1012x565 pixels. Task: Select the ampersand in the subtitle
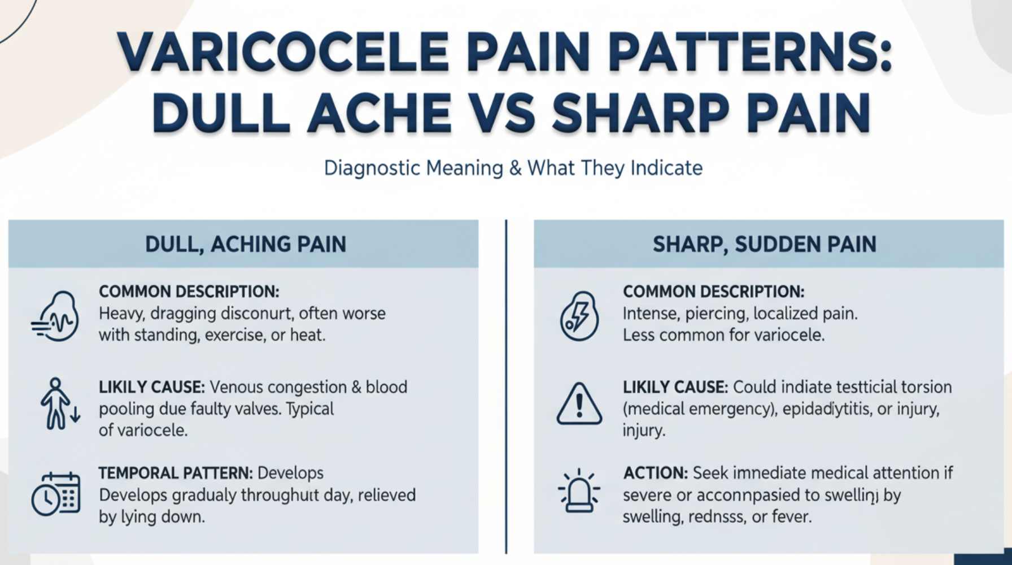coord(515,168)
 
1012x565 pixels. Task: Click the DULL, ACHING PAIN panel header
coord(246,244)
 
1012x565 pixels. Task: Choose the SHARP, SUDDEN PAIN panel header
coord(765,244)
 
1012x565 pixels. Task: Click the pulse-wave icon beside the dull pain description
coord(55,316)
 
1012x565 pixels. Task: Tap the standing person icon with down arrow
coord(59,404)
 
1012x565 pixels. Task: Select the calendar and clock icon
coord(55,493)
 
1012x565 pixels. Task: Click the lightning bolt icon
coord(579,316)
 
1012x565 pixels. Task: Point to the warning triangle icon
coord(579,405)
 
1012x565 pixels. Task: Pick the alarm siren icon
coord(579,490)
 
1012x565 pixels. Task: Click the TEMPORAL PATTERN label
coord(175,473)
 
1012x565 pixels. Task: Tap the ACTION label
coord(655,473)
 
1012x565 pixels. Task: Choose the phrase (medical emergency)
coord(697,408)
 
